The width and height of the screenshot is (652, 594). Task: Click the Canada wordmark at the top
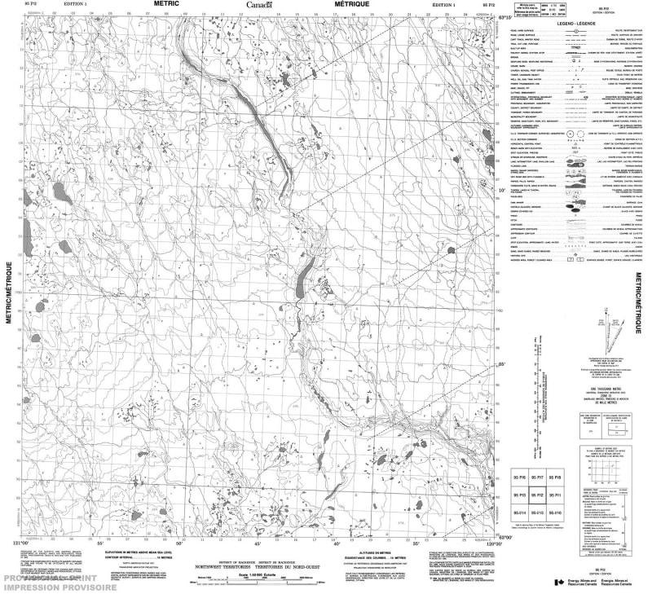[260, 5]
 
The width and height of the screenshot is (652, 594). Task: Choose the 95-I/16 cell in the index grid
[554, 513]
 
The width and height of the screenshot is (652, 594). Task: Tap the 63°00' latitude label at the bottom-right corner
[505, 537]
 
